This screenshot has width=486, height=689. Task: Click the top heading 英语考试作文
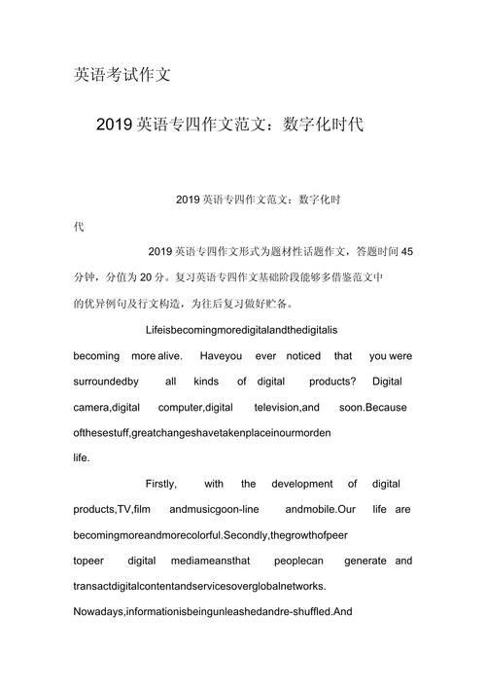click(x=122, y=75)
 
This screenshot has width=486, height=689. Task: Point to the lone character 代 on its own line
click(x=80, y=226)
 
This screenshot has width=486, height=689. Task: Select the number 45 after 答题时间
click(x=406, y=251)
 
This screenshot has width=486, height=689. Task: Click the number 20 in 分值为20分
click(x=148, y=276)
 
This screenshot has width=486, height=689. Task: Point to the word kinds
click(x=206, y=381)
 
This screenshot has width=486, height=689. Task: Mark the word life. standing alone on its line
click(x=83, y=457)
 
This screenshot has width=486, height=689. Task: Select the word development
click(x=302, y=484)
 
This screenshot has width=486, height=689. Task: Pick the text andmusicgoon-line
click(x=213, y=509)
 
